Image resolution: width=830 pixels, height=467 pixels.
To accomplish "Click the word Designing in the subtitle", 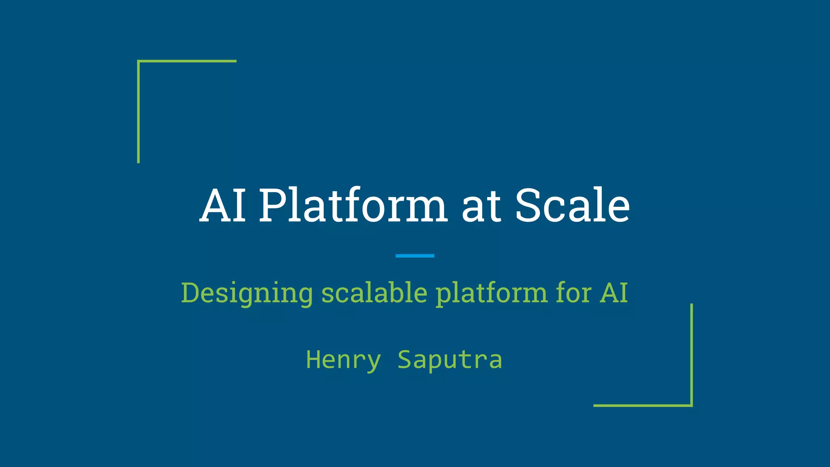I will pos(247,293).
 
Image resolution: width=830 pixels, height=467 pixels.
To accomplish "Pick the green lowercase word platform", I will pos(491,293).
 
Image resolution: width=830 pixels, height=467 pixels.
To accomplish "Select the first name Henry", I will pos(343,360).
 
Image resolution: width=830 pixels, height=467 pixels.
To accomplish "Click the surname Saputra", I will pos(449,360).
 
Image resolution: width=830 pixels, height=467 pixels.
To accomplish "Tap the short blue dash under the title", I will pos(415,256).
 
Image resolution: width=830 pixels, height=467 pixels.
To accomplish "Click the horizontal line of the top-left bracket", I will pos(187,61).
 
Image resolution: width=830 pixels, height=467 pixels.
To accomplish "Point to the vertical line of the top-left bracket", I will pos(139,112).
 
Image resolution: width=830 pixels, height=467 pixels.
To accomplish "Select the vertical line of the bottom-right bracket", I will pos(691,355).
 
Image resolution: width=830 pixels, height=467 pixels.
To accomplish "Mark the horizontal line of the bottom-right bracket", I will pos(643,405).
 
